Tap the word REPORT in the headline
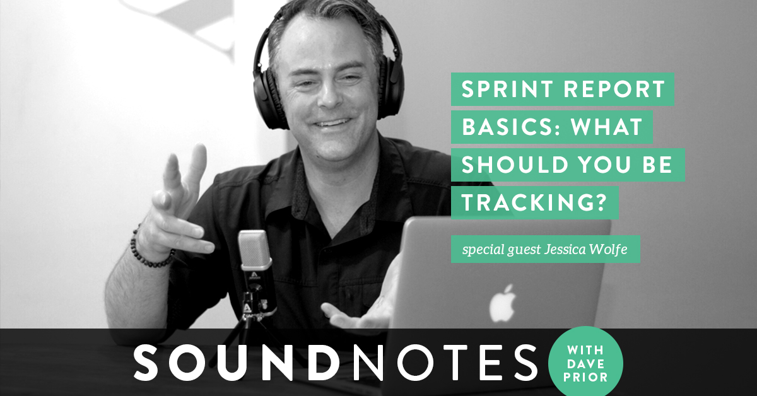[614, 89]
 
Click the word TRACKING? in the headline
[534, 203]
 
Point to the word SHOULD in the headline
[515, 165]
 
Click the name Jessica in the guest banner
[565, 249]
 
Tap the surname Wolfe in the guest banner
[608, 249]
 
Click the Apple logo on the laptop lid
[503, 303]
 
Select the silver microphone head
[255, 250]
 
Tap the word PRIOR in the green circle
[585, 377]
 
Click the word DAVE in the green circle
[585, 364]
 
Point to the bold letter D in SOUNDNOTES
[324, 363]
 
